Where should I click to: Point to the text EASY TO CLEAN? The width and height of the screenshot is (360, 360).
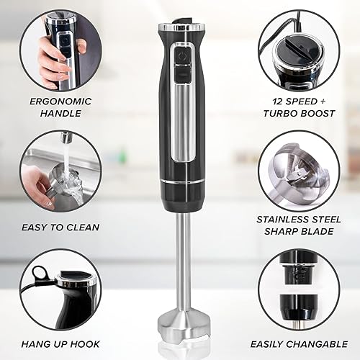click(x=60, y=227)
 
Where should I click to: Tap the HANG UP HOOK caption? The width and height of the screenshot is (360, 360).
click(x=60, y=344)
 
